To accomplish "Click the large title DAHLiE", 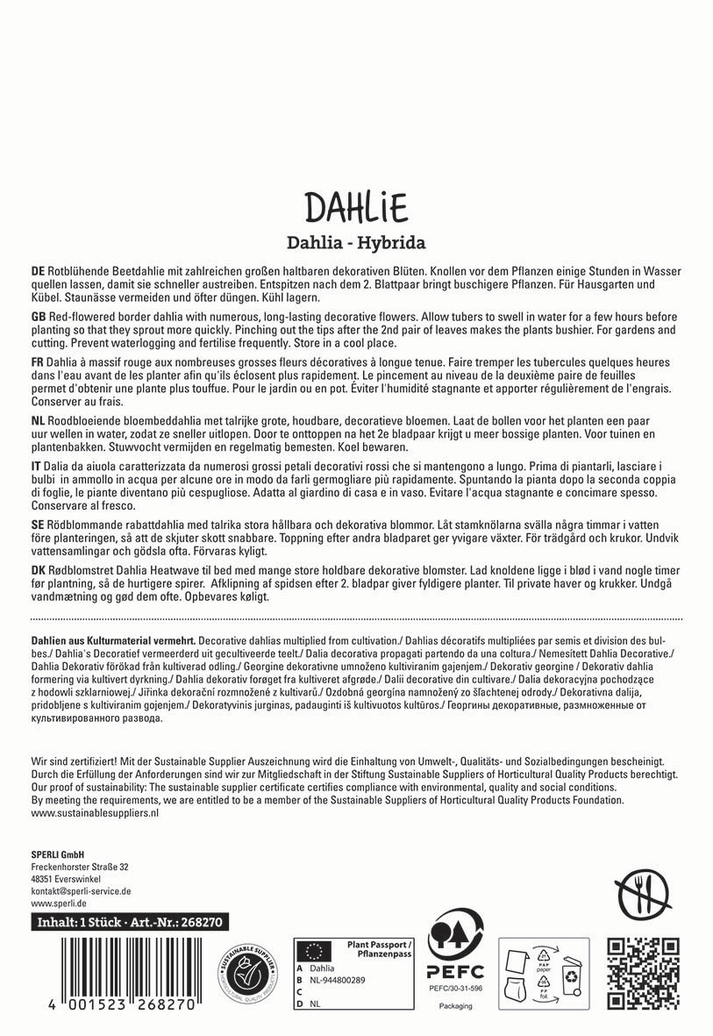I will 356,208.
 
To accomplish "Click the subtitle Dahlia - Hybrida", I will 356,243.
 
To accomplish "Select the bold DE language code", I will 38,271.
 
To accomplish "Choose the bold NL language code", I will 38,422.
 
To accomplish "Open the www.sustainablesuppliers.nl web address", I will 94,813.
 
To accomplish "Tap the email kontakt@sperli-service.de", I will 81,890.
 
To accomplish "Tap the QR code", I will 644,973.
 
